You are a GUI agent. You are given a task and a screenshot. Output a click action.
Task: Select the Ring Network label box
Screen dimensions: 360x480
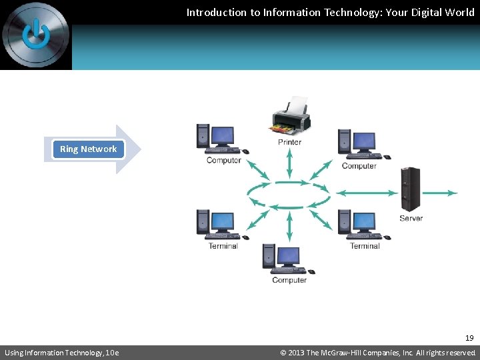88,149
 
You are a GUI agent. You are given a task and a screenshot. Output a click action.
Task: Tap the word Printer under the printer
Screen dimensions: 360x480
289,142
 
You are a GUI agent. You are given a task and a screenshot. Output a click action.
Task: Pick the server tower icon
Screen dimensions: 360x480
411,190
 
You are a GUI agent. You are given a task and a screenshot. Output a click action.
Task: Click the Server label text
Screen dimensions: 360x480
411,218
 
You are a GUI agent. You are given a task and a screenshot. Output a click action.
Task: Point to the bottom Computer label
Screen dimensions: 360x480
289,280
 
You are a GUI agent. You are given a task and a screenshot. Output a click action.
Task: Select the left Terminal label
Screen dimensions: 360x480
223,246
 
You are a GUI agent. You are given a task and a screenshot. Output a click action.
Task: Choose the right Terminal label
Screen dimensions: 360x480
365,246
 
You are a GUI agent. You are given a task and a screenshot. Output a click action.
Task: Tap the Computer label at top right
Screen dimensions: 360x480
359,166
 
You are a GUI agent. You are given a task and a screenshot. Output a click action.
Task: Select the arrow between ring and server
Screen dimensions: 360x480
366,193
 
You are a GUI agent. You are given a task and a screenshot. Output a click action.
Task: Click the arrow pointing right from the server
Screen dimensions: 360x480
441,193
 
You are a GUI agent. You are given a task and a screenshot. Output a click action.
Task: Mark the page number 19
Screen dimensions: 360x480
469,338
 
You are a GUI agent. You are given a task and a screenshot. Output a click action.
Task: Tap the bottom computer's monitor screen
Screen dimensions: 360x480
288,256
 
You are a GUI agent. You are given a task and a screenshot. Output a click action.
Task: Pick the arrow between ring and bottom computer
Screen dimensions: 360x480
289,227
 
